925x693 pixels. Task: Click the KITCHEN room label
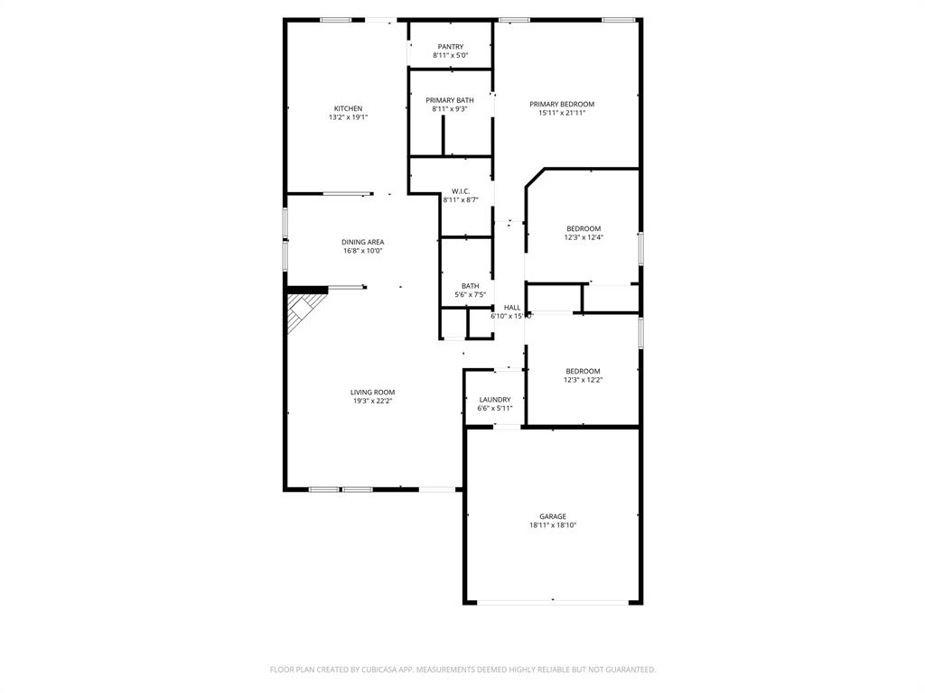[x=348, y=108]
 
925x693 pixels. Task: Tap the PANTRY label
[x=450, y=47]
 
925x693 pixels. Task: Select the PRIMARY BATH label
[x=450, y=100]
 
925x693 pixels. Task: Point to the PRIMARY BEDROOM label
[x=562, y=104]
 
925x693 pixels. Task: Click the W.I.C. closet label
[x=461, y=191]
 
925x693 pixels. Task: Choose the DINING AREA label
[x=362, y=242]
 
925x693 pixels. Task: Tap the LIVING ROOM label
[x=372, y=393]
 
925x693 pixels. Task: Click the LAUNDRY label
[x=495, y=400]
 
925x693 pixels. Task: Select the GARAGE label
[x=553, y=517]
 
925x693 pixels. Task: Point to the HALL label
[x=512, y=308]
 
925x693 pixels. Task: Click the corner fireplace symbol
[x=303, y=309]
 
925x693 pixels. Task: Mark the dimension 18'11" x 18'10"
[x=553, y=525]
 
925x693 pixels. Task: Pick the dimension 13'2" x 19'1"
[x=348, y=117]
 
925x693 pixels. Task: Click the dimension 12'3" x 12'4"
[x=584, y=238]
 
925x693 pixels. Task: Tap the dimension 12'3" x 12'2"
[x=584, y=380]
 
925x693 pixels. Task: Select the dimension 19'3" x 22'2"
[x=372, y=402]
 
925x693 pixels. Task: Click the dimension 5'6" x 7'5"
[x=470, y=295]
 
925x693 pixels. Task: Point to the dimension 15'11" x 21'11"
[x=562, y=113]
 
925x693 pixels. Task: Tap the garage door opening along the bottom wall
[x=553, y=602]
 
